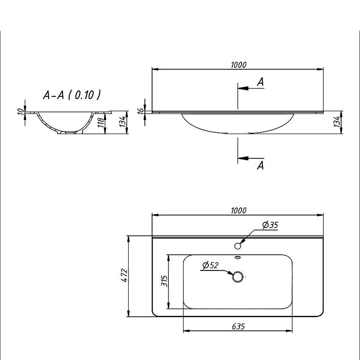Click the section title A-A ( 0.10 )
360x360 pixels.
(71, 95)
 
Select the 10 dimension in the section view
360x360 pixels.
(20, 111)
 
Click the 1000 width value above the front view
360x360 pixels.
(238, 65)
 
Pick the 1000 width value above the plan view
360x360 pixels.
(238, 210)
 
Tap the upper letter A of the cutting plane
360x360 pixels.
(260, 82)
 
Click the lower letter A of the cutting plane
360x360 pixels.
(260, 166)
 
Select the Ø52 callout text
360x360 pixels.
(210, 265)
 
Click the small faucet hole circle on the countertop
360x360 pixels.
(238, 246)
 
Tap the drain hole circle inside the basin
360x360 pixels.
(238, 276)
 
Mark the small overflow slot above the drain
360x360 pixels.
(238, 258)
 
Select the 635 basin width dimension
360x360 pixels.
(238, 327)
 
